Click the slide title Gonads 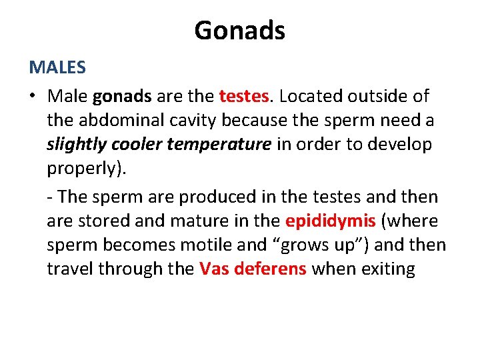tap(239, 30)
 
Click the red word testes tap(243, 97)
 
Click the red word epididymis tap(330, 221)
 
